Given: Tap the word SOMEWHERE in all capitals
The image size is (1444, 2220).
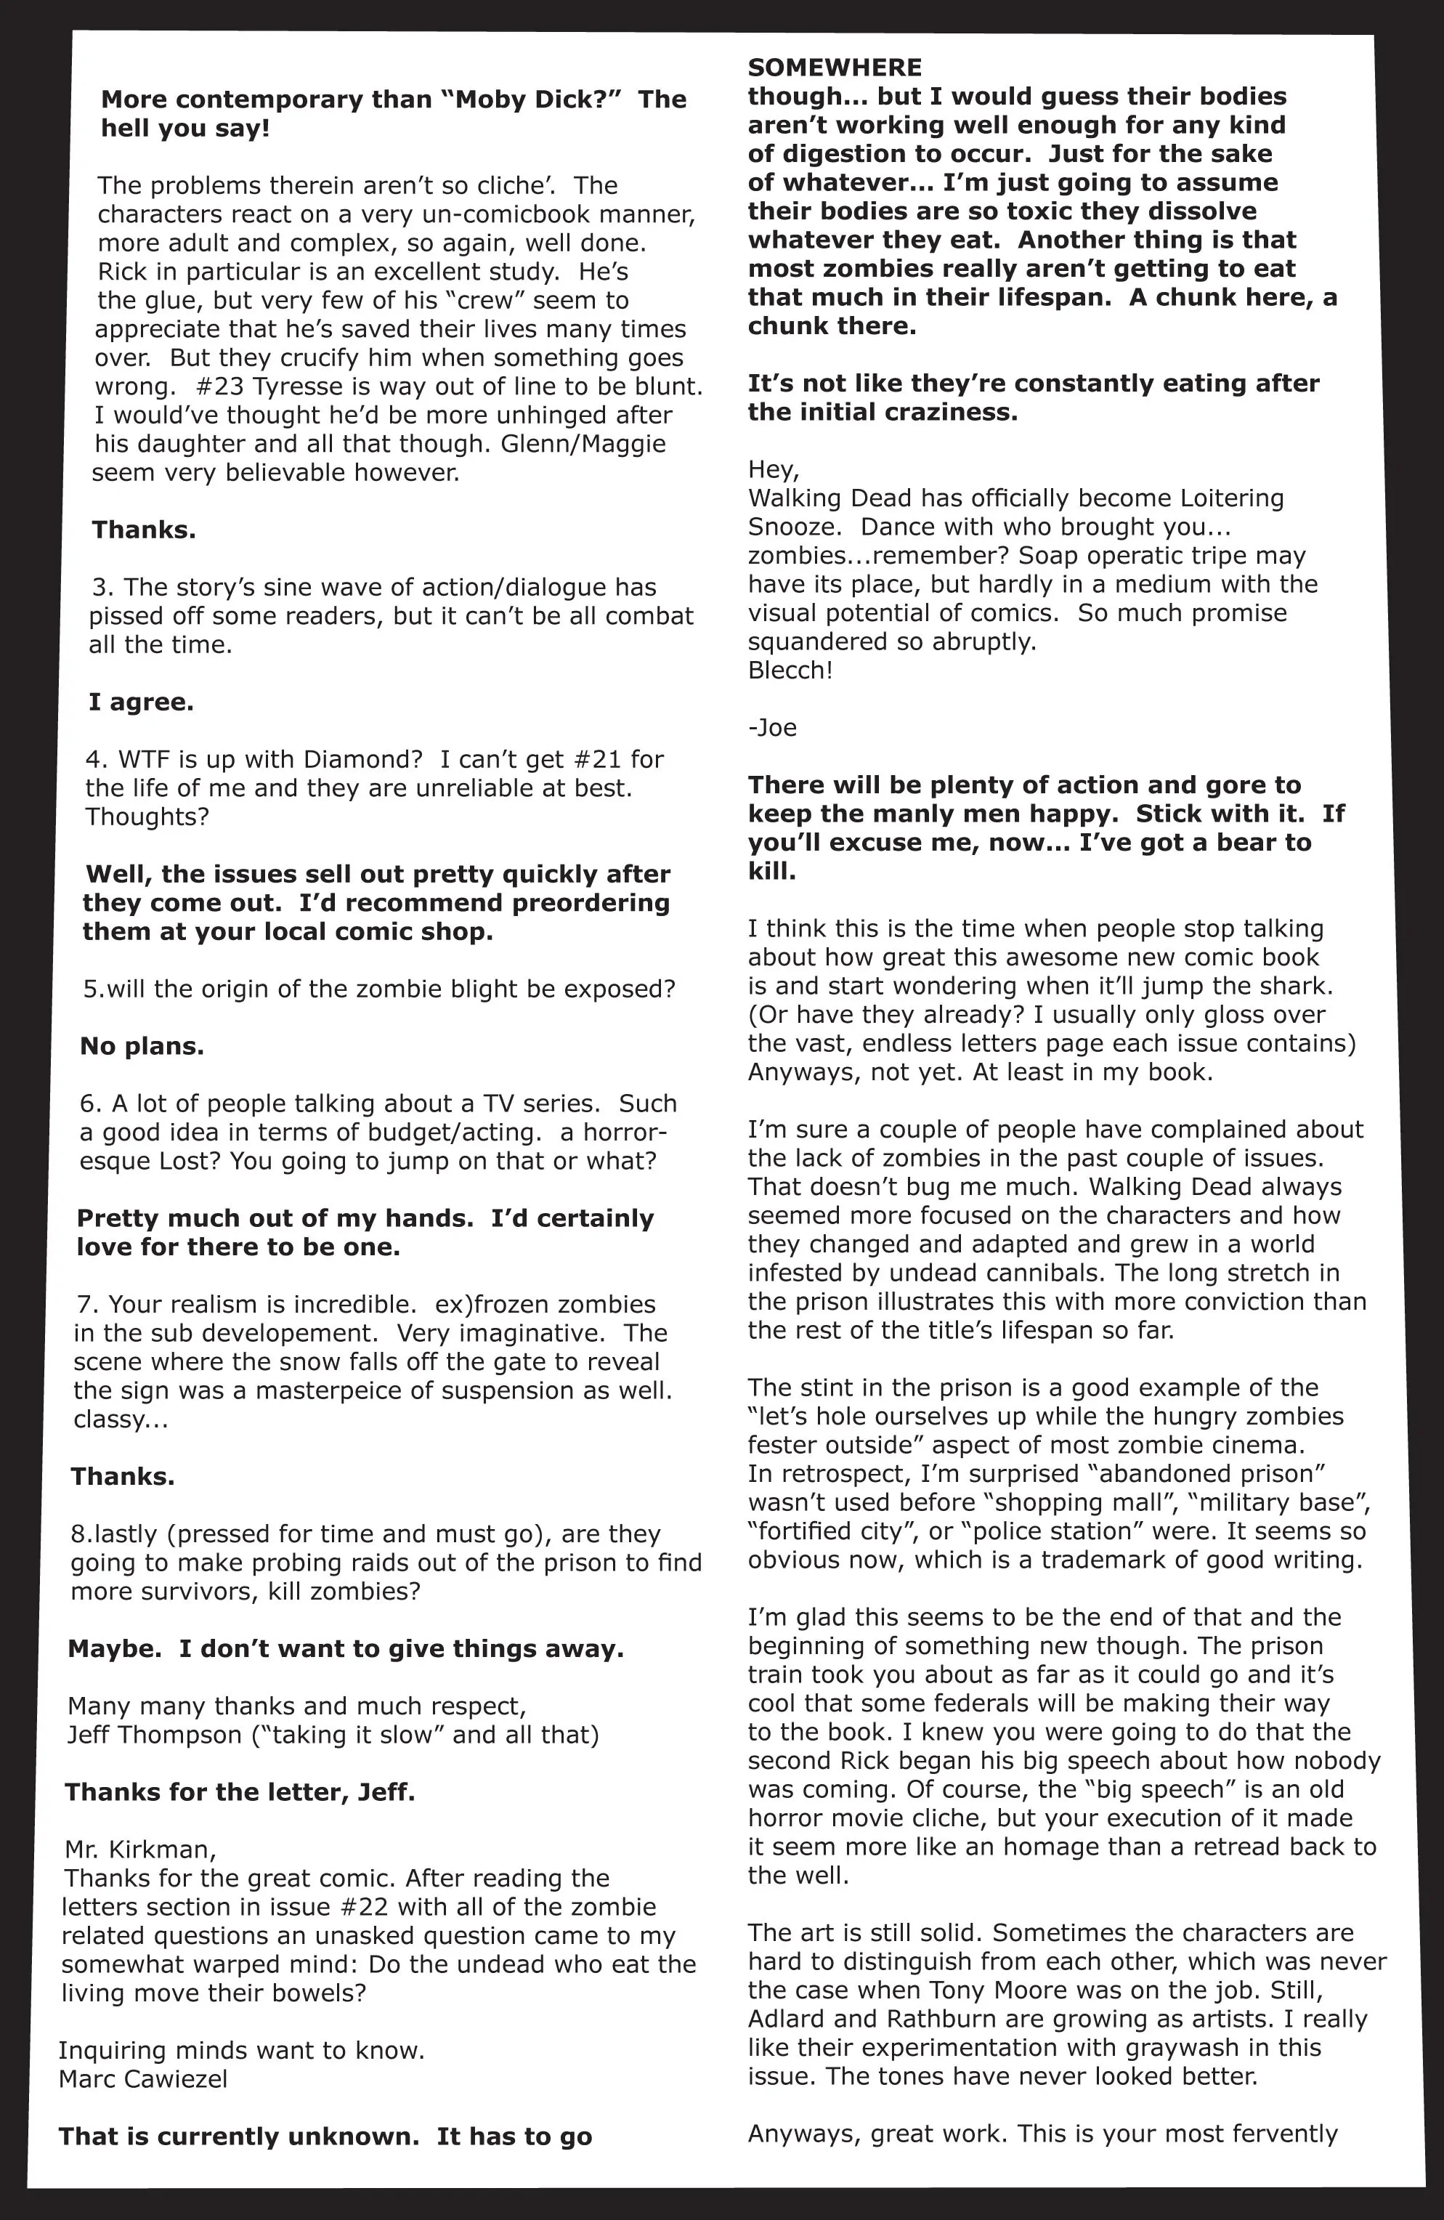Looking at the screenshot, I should point(834,67).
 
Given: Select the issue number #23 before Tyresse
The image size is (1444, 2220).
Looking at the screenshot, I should point(221,386).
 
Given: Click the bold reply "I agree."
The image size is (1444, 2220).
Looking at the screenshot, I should point(141,702).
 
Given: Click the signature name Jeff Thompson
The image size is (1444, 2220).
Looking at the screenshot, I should point(154,1735).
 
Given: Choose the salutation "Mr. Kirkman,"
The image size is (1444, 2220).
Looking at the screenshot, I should point(140,1850).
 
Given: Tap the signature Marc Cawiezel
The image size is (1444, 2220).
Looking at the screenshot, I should point(142,2079).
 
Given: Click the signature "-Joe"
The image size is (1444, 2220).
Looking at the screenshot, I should point(772,728).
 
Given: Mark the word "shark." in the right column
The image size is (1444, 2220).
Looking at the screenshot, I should point(1296,986).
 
